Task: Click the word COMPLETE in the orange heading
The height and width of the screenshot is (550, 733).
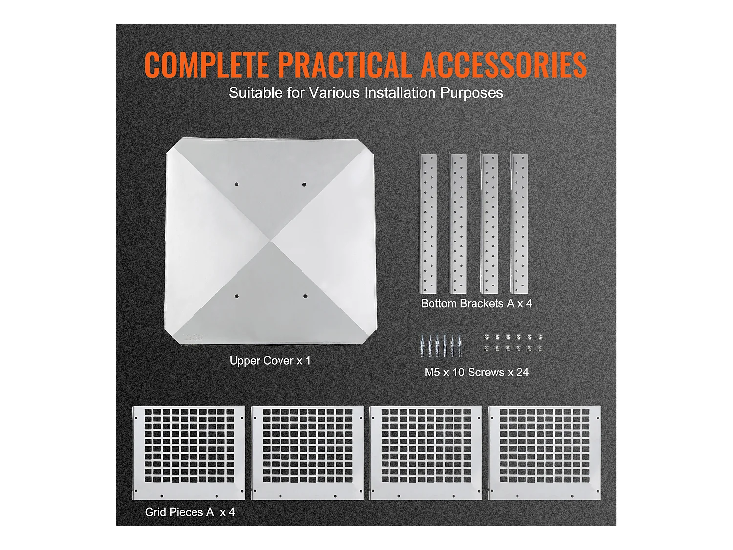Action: point(206,65)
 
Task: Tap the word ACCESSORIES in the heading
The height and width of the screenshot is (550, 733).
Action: point(504,65)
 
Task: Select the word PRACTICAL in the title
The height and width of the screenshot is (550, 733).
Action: point(344,65)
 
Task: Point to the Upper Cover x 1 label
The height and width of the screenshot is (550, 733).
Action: point(270,361)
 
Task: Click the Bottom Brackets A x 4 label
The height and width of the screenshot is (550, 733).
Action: point(476,303)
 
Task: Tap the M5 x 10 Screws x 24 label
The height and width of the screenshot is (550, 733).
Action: point(476,372)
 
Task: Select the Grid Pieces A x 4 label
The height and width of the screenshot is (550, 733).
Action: point(190,512)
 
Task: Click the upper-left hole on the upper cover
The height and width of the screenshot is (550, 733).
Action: point(237,184)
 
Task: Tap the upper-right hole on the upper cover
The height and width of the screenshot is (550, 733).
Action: point(304,184)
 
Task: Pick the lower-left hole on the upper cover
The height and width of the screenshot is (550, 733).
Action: point(237,296)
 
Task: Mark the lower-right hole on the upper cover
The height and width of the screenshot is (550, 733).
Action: point(305,296)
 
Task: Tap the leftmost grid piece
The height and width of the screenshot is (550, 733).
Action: point(189,453)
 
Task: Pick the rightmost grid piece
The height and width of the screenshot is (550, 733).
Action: point(544,453)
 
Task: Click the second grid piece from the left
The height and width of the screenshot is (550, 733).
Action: point(307,453)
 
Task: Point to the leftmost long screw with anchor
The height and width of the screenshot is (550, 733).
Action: point(422,345)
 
